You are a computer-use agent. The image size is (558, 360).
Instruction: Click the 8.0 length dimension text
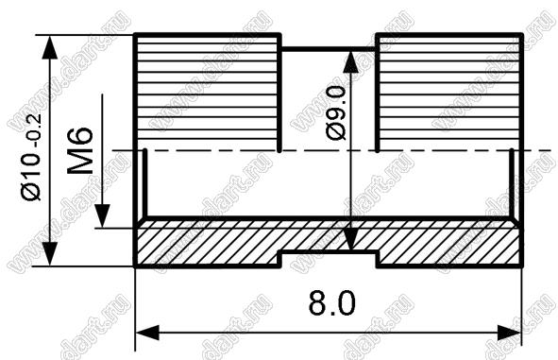click(x=332, y=302)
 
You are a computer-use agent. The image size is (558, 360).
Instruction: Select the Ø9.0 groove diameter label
click(x=335, y=112)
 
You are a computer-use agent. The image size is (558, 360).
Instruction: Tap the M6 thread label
click(x=80, y=150)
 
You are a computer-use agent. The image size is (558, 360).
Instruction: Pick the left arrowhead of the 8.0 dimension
click(x=147, y=333)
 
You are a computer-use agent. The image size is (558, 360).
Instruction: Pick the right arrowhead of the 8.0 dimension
click(x=509, y=333)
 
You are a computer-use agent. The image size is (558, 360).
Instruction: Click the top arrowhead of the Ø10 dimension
click(x=49, y=47)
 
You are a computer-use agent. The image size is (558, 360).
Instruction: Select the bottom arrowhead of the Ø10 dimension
click(x=49, y=254)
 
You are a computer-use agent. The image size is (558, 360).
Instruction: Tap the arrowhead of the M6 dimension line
click(x=103, y=216)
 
